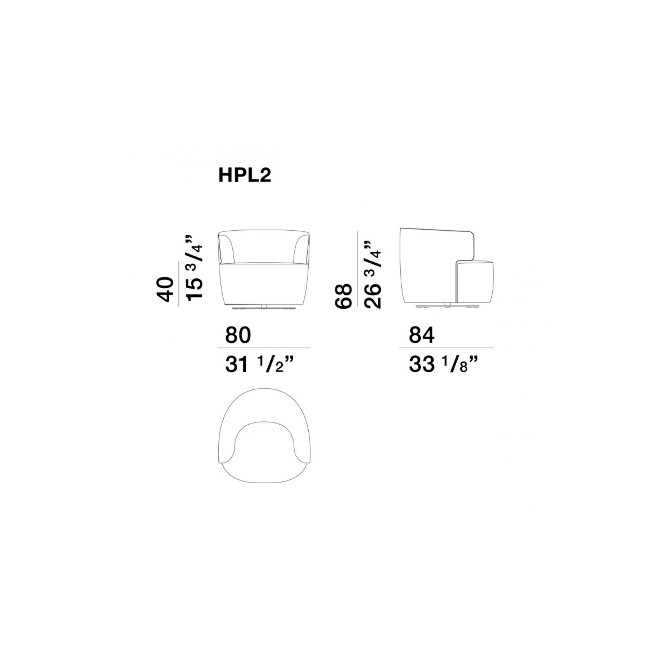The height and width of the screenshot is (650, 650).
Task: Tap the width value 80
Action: coord(238,335)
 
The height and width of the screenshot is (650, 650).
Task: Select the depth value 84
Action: coord(422,335)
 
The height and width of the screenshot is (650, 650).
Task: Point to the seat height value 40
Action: coord(163,289)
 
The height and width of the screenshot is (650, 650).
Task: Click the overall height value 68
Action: coord(343,296)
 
